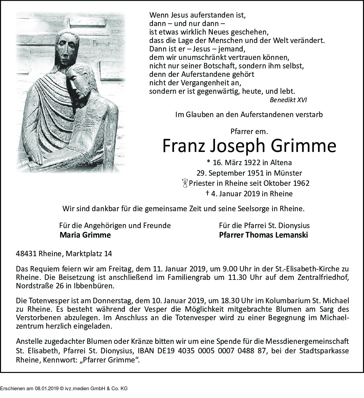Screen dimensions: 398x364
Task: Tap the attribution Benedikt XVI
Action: pyautogui.click(x=288, y=100)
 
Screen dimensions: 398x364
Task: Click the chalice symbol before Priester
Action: pyautogui.click(x=185, y=183)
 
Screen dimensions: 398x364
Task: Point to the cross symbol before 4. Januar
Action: pyautogui.click(x=207, y=193)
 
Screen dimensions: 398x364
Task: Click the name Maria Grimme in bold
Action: pyautogui.click(x=85, y=235)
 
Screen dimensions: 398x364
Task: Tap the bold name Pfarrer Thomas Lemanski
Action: pyautogui.click(x=263, y=235)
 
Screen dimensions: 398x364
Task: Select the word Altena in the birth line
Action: pyautogui.click(x=280, y=162)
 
